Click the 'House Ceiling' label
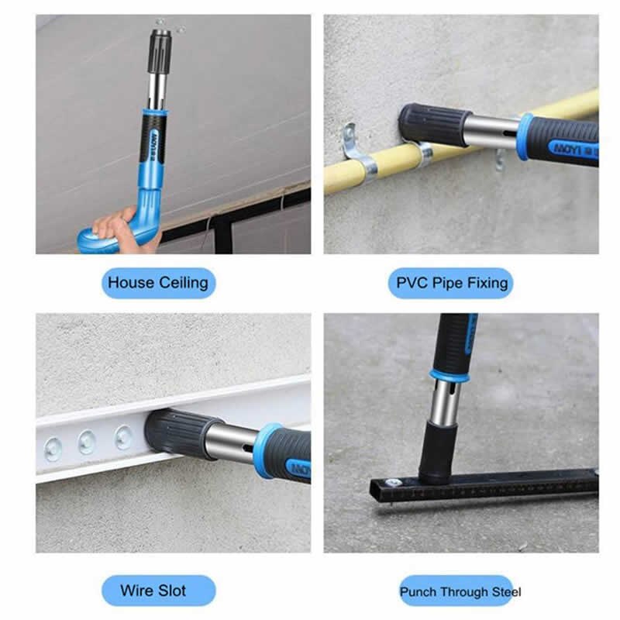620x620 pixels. coord(158,282)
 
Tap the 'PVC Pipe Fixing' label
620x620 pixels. coord(452,282)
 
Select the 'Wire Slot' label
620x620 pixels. coord(158,590)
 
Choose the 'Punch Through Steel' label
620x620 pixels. coord(460,591)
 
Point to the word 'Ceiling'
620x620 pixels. coord(184,282)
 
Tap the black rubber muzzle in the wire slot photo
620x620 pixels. coord(174,435)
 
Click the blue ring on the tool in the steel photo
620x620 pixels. coord(449,377)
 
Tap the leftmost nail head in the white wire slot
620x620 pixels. coord(53,448)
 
